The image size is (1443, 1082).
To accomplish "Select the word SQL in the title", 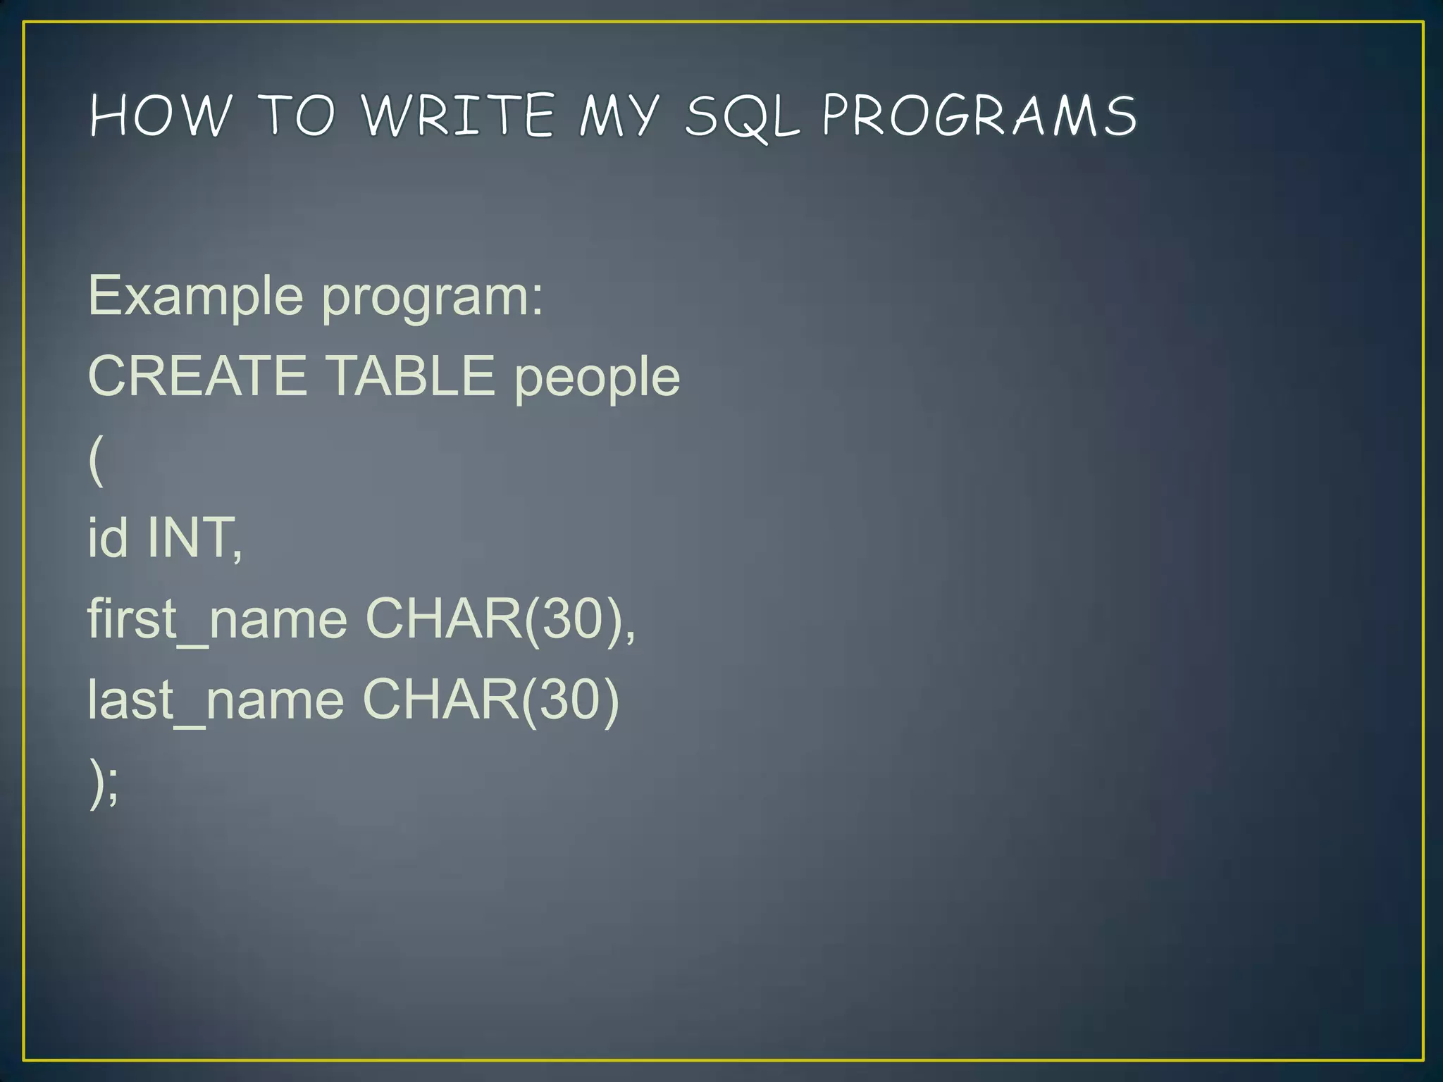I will point(743,117).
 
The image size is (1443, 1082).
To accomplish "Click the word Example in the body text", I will point(195,297).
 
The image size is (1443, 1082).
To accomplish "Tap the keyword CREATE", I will point(197,376).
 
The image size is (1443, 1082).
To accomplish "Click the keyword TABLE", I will point(410,376).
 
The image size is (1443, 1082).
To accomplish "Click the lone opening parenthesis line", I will point(97,459).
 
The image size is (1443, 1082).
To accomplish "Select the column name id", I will point(108,537).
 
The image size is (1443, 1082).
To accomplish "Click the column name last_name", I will point(216,700).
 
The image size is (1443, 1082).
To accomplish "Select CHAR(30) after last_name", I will point(490,700).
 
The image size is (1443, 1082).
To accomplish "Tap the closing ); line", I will point(104,782).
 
